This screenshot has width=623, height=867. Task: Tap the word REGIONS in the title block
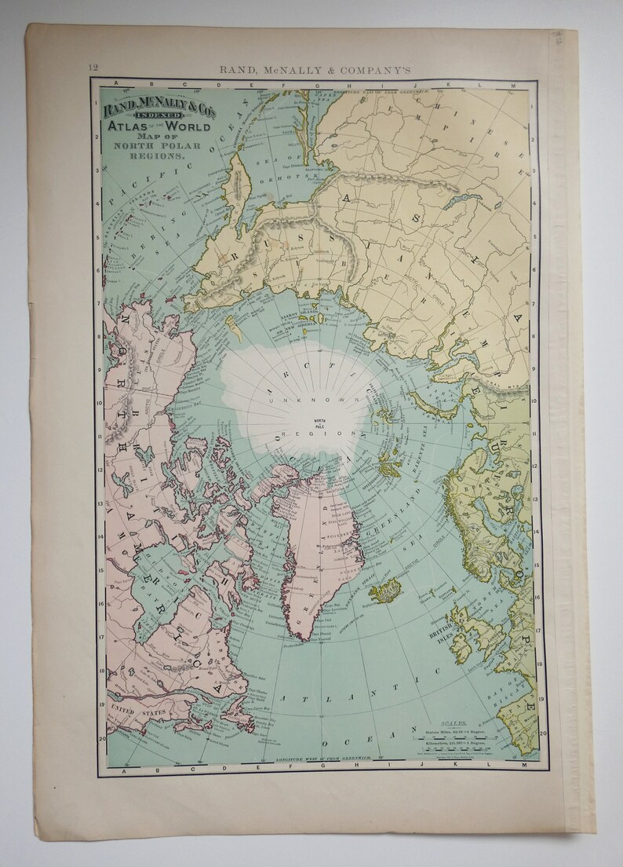click(162, 157)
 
